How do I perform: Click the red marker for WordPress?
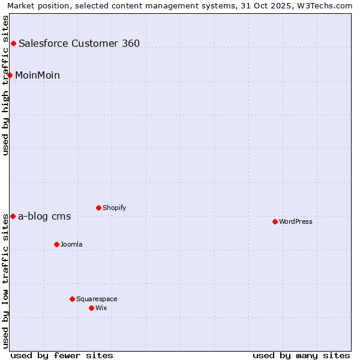(275, 221)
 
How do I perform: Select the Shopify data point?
(98, 208)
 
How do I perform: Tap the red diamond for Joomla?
(56, 244)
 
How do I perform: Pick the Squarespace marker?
(72, 299)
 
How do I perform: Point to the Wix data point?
(91, 308)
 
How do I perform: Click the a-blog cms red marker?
(13, 216)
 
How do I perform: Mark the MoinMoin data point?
(10, 75)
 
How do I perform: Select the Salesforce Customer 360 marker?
(13, 43)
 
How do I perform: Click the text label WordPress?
(296, 221)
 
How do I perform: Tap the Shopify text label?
(114, 208)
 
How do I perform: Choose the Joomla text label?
(71, 244)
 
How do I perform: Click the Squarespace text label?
(97, 299)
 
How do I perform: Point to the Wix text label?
(101, 308)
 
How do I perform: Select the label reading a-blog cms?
(44, 217)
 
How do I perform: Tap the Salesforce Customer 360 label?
(79, 43)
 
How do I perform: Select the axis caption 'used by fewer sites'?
(62, 355)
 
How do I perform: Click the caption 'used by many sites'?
(301, 355)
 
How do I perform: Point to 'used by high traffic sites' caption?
(6, 85)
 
